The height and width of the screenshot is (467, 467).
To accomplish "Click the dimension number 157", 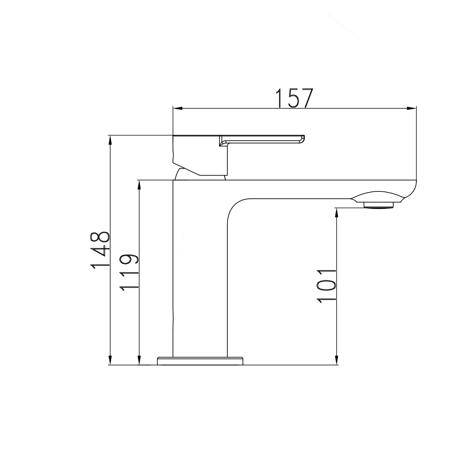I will point(294,98).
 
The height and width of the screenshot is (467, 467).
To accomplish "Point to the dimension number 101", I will point(327,286).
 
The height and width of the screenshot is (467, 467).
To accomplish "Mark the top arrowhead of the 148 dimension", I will point(110,140).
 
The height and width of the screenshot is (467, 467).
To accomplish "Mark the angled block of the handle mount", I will point(199,156).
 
